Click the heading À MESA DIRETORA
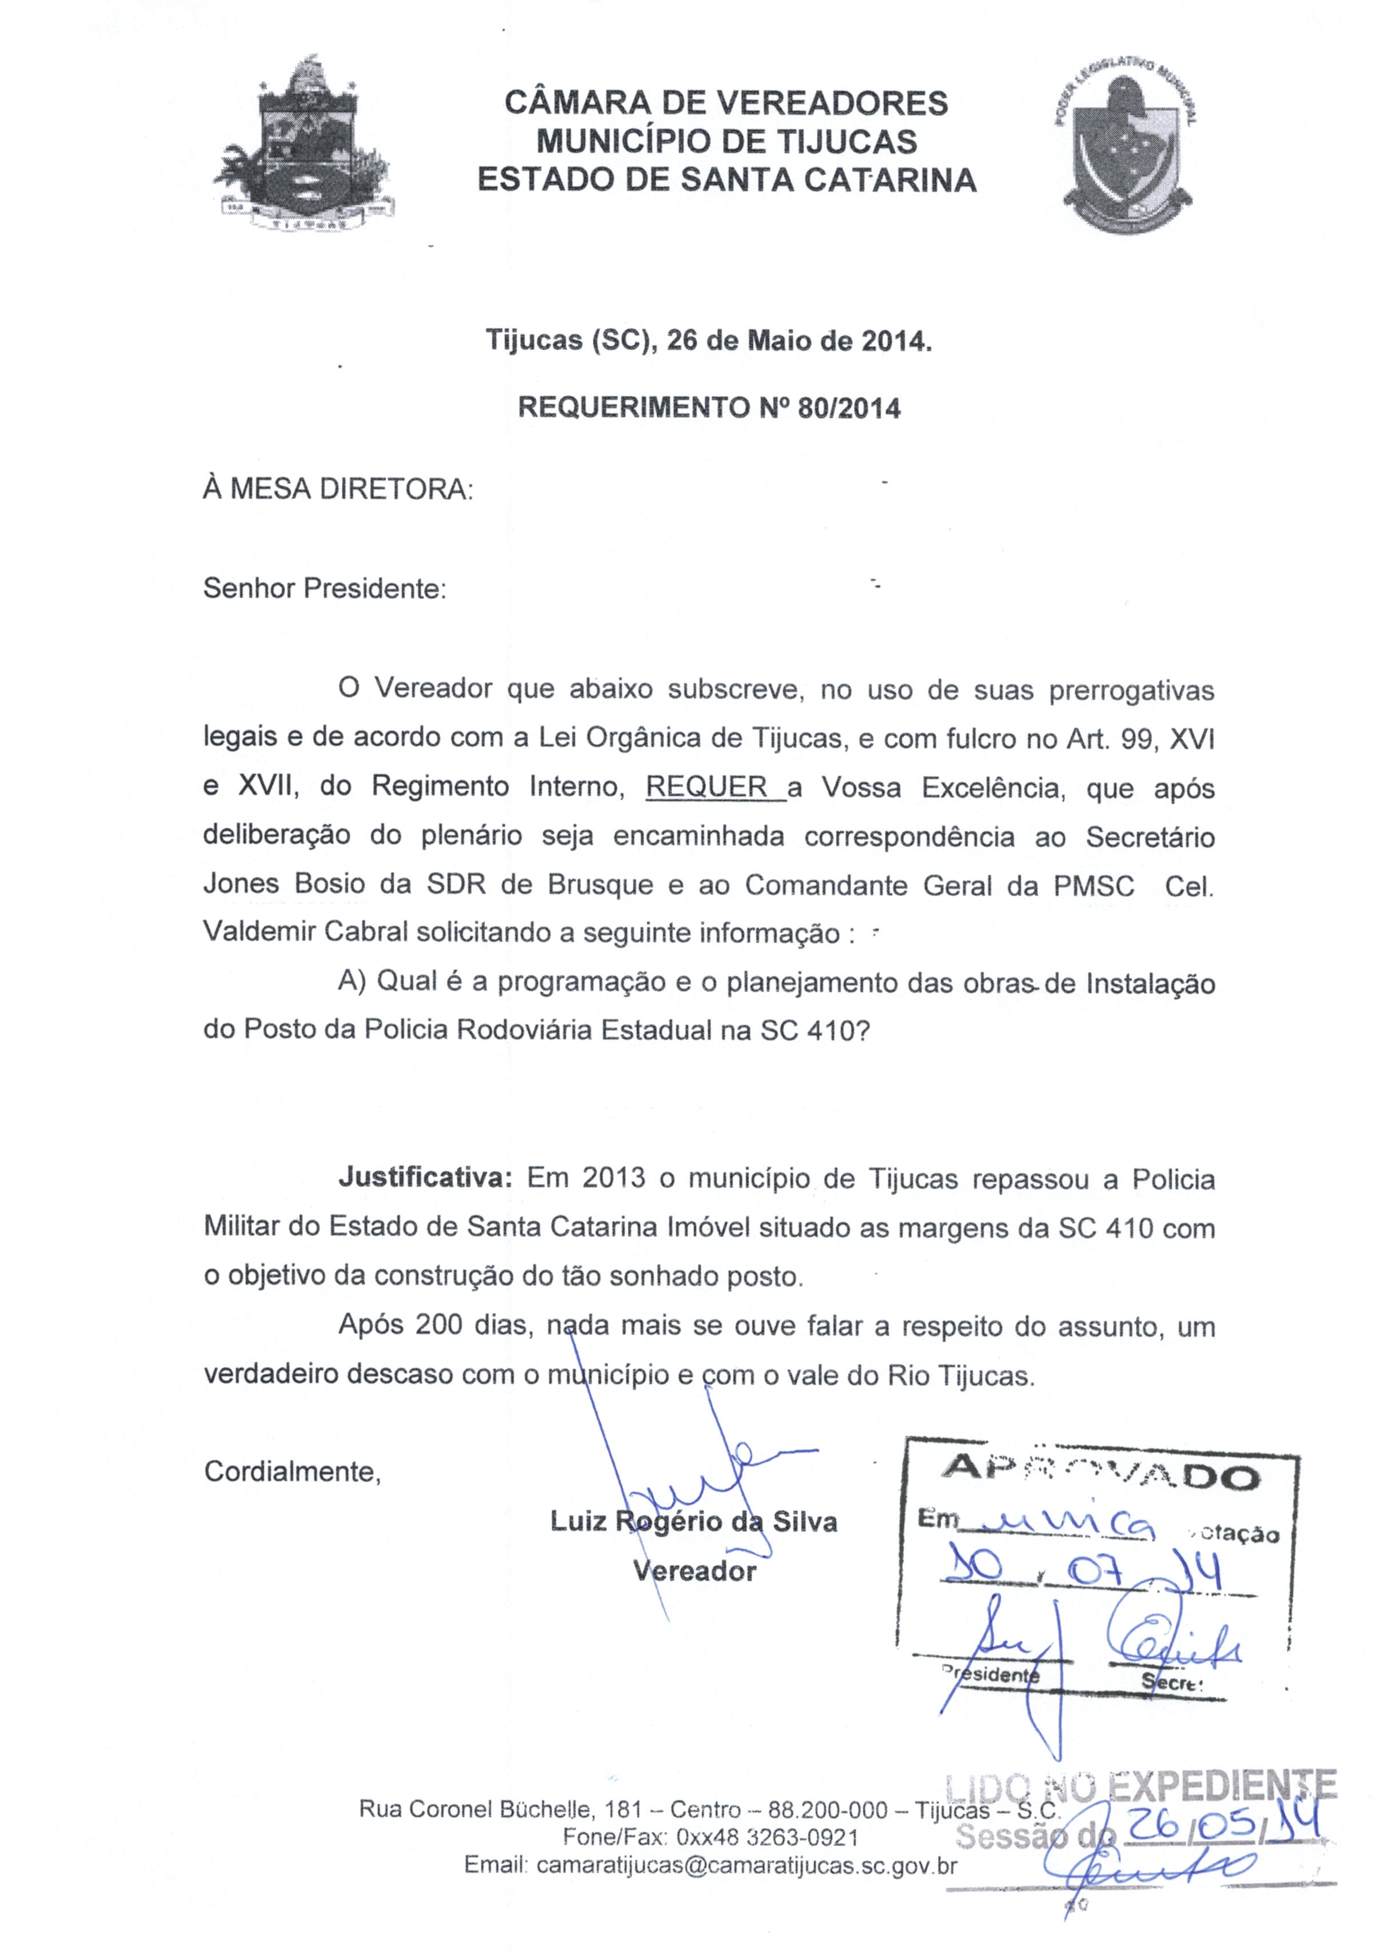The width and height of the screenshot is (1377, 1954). point(338,490)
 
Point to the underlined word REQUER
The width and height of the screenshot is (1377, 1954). point(707,787)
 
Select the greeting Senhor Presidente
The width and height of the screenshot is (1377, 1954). point(324,589)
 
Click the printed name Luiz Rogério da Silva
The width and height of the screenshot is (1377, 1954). point(693,1522)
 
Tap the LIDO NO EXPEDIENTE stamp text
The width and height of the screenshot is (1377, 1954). point(1140,1785)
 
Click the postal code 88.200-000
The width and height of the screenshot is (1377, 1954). point(827,1809)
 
